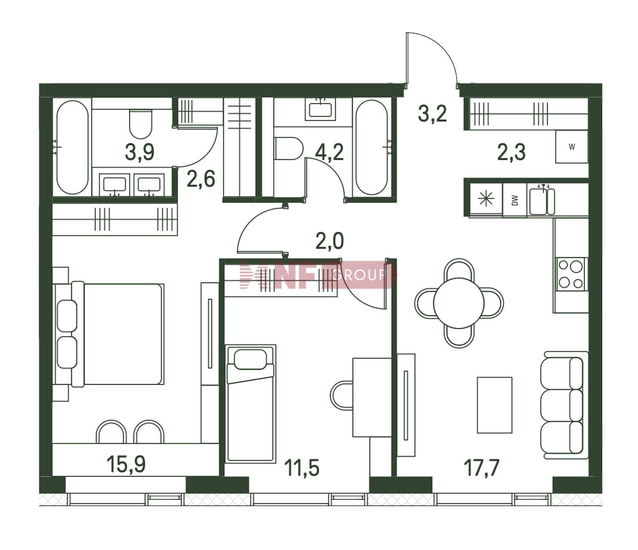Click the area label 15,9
click(x=126, y=464)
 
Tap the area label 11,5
click(x=301, y=468)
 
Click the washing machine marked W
click(x=572, y=147)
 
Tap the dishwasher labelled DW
click(x=515, y=200)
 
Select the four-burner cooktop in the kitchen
click(x=571, y=274)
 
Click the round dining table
click(x=459, y=303)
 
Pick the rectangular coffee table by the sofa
click(x=494, y=405)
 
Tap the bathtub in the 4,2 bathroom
click(x=372, y=148)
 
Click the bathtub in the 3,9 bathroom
click(x=72, y=147)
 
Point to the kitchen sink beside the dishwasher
click(x=542, y=201)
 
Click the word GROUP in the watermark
click(x=359, y=275)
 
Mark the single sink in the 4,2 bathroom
click(x=320, y=109)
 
